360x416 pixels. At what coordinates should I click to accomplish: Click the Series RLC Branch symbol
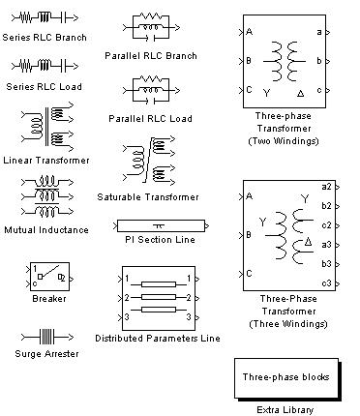click(x=45, y=17)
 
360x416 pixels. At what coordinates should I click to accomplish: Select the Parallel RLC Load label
click(x=150, y=119)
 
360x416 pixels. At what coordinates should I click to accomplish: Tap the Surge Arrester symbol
click(x=47, y=337)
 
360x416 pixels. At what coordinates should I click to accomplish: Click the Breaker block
click(x=49, y=277)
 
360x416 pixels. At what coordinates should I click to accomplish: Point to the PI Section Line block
click(x=161, y=225)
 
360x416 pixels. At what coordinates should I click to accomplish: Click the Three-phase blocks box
click(x=286, y=378)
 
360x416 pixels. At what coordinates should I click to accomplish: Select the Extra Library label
click(x=285, y=410)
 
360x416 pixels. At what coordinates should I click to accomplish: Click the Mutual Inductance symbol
click(x=47, y=196)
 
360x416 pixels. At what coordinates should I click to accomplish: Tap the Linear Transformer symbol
click(x=47, y=128)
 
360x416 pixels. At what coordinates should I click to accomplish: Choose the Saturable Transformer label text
click(x=148, y=197)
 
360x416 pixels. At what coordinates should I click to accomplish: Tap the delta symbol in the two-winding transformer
click(x=300, y=94)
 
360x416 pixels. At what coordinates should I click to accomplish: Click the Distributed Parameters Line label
click(x=158, y=339)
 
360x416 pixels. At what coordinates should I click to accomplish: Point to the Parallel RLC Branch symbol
click(x=151, y=27)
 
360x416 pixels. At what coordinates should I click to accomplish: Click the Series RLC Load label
click(x=44, y=87)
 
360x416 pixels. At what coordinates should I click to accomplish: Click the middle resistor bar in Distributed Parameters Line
click(x=159, y=297)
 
